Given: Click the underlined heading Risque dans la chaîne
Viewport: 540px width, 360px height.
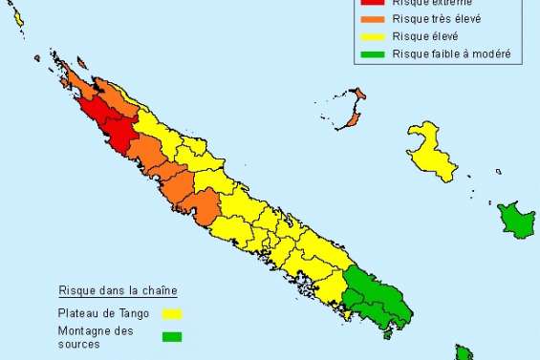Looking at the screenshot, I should (118, 289).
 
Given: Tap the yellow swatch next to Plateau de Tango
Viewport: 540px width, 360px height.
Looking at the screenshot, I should (172, 312).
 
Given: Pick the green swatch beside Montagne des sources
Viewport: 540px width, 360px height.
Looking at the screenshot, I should (172, 336).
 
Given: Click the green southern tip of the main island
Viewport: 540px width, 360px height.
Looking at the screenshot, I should (378, 295).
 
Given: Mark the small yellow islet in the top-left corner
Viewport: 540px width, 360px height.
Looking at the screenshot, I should (18, 18).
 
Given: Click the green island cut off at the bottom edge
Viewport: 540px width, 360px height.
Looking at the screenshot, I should (464, 353).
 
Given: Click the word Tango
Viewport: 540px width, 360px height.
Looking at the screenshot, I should (142, 311).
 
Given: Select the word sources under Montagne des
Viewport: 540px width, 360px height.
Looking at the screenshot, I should (78, 344).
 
